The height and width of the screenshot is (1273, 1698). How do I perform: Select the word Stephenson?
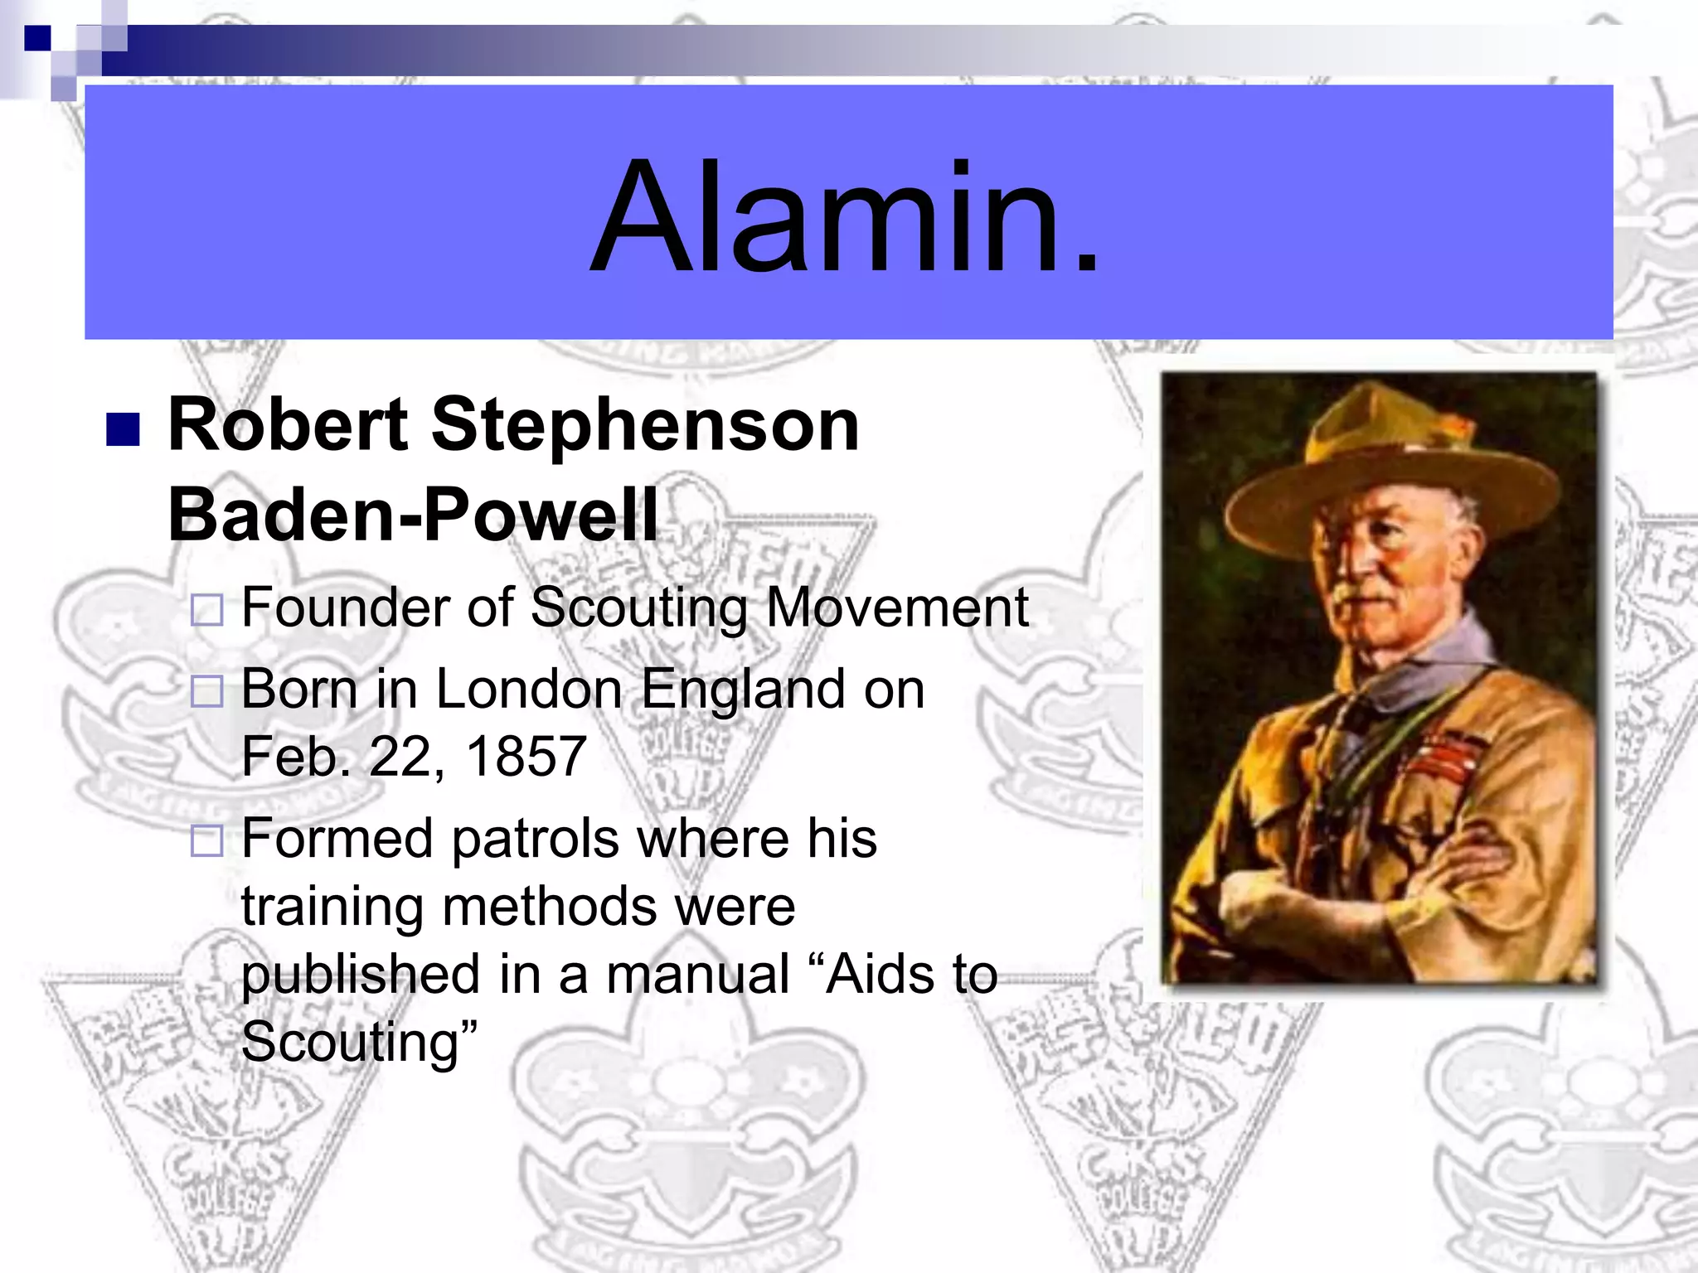tap(645, 426)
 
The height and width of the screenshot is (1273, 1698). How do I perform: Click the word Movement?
tap(897, 607)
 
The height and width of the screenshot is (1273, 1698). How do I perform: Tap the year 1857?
tap(526, 756)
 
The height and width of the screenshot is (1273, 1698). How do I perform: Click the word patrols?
tap(535, 839)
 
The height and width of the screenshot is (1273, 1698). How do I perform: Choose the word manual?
tap(698, 974)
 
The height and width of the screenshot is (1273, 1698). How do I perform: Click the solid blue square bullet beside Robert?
tap(123, 429)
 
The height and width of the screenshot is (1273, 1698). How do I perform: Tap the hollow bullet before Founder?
tap(206, 610)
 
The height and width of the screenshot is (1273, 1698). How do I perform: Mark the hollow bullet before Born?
tap(206, 691)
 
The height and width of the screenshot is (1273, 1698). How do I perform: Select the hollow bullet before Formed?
tap(206, 840)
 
